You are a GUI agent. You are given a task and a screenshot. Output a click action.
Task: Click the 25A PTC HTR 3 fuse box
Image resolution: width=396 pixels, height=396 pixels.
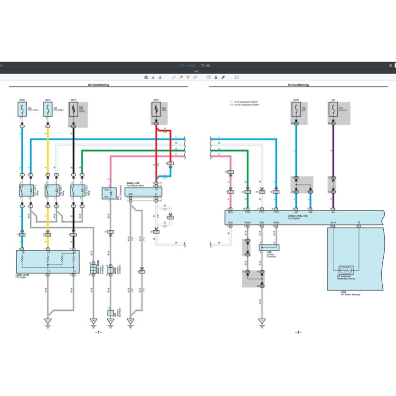(22, 111)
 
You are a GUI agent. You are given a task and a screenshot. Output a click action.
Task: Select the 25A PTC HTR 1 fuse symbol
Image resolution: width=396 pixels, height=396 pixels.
(48, 111)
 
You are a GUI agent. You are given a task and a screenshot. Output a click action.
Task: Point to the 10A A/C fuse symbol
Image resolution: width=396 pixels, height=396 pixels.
(296, 111)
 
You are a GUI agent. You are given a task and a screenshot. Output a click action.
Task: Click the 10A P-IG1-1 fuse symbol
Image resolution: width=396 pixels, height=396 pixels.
(333, 111)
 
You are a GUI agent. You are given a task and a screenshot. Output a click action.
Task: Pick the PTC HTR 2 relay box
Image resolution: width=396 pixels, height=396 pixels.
(77, 191)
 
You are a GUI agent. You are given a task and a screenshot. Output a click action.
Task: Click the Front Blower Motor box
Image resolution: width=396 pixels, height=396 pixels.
(144, 191)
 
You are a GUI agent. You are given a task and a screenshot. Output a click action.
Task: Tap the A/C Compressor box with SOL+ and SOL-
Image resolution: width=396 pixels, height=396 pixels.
(111, 194)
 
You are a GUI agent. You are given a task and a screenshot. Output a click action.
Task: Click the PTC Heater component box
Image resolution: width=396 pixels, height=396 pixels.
(47, 262)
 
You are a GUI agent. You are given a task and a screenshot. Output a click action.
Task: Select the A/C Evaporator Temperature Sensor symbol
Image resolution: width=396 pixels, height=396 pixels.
(345, 271)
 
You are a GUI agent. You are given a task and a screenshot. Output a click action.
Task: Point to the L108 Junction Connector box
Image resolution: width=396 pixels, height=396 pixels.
(269, 247)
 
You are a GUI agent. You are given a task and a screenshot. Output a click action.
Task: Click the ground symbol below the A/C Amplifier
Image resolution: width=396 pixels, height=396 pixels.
(262, 321)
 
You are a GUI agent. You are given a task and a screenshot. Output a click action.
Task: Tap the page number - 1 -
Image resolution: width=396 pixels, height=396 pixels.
(98, 332)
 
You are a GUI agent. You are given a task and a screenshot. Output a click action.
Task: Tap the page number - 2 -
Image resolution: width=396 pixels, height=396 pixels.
(298, 332)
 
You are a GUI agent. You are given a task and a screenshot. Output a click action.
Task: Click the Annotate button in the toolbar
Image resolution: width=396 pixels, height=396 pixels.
(188, 65)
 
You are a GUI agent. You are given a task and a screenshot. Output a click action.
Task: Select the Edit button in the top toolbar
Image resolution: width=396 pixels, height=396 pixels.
(206, 65)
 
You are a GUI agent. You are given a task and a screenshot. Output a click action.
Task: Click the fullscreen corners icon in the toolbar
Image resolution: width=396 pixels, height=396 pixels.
(237, 77)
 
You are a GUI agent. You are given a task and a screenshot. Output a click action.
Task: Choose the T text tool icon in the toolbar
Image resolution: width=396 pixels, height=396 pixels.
(188, 77)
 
